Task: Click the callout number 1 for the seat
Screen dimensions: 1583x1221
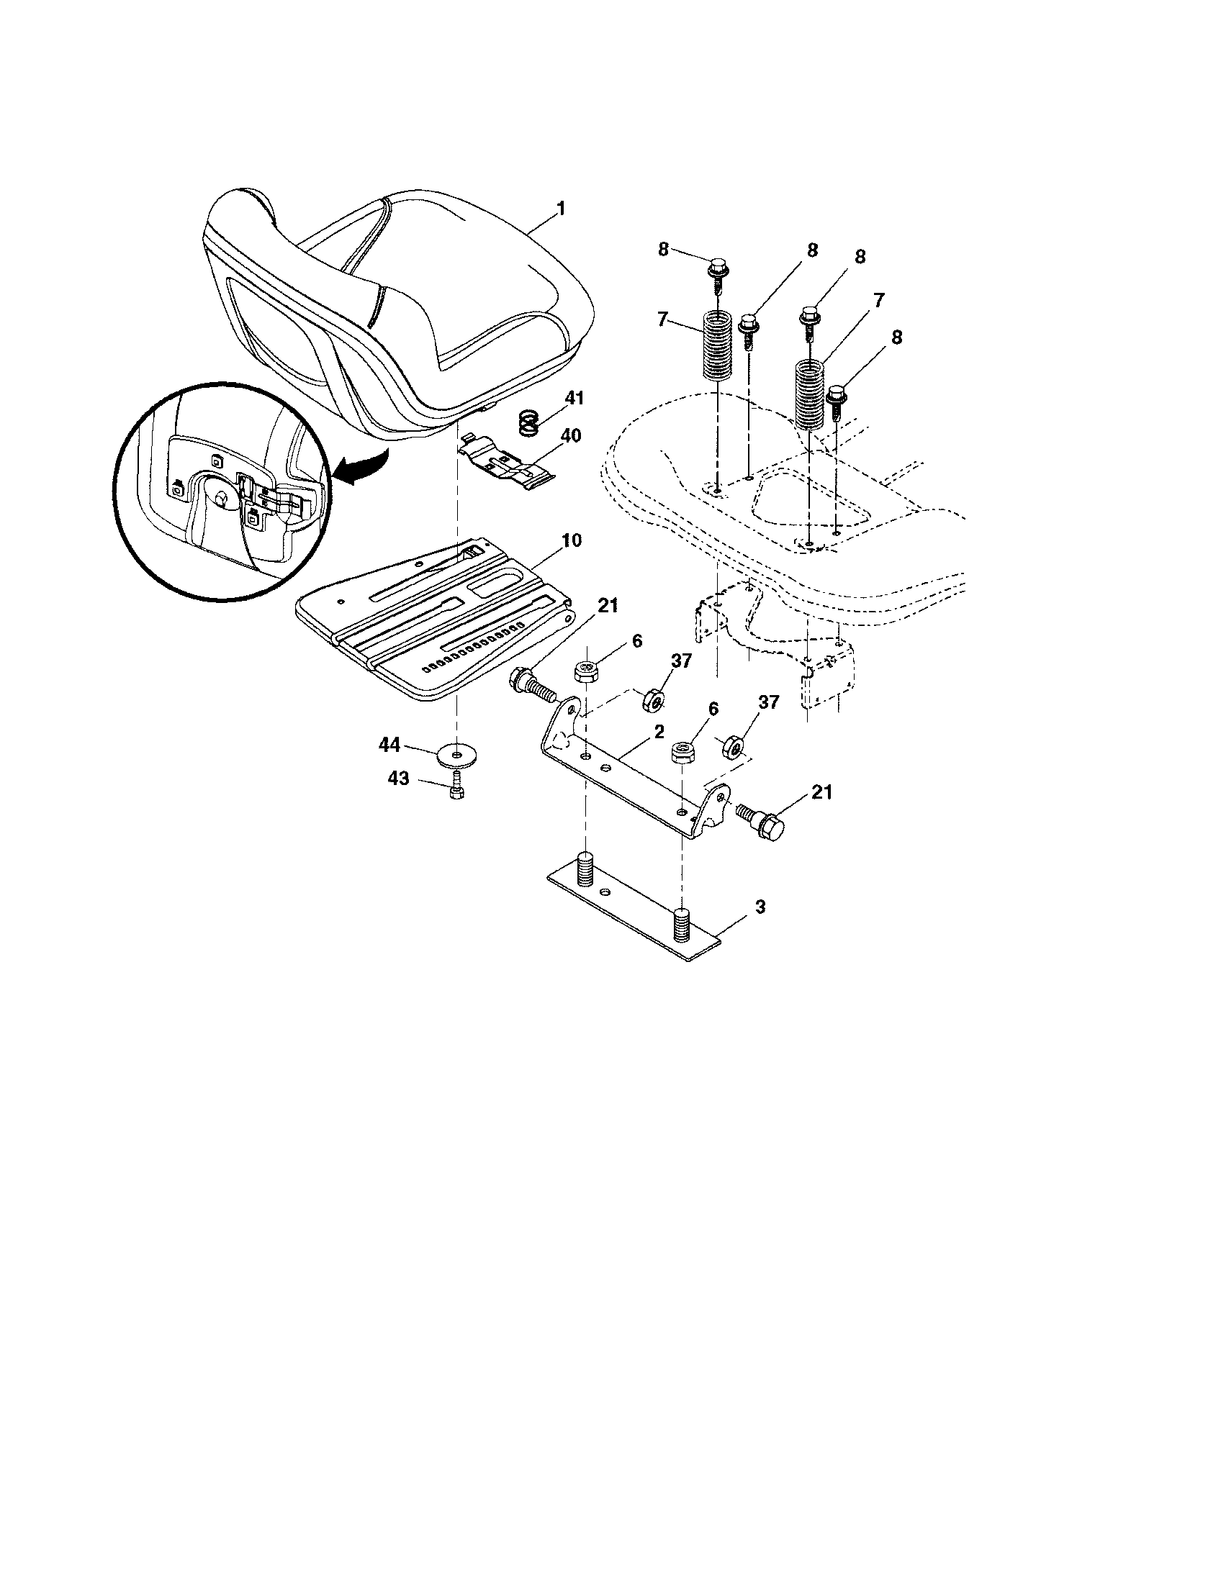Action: click(560, 209)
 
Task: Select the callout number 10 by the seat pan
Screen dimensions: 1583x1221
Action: click(570, 540)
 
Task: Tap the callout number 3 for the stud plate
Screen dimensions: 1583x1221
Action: click(759, 907)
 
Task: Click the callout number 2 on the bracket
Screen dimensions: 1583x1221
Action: click(658, 732)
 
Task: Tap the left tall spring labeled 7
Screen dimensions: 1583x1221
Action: click(717, 343)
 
